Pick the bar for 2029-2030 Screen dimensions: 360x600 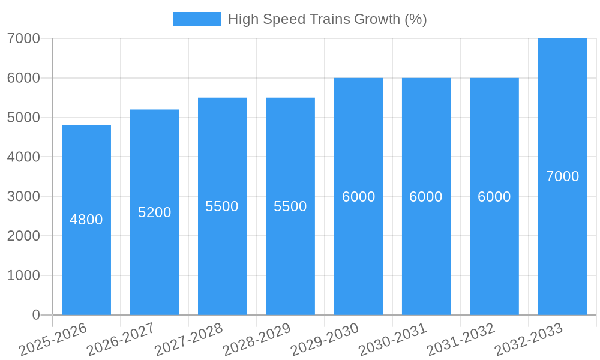pyautogui.click(x=358, y=252)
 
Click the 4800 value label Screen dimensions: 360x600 pyautogui.click(x=86, y=220)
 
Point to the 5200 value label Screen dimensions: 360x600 pyautogui.click(x=154, y=212)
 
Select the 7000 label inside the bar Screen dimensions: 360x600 pyautogui.click(x=562, y=176)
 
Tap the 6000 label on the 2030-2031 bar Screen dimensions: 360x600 pyautogui.click(x=426, y=197)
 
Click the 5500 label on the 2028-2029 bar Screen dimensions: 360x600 pyautogui.click(x=290, y=206)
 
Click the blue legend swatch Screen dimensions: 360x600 pyautogui.click(x=196, y=19)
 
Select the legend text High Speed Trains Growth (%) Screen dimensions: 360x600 pyautogui.click(x=327, y=19)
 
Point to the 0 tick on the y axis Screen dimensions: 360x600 pyautogui.click(x=36, y=315)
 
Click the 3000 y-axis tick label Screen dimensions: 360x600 pyautogui.click(x=23, y=196)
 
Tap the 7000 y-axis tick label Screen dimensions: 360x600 pyautogui.click(x=23, y=38)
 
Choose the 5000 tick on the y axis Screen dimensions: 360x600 pyautogui.click(x=23, y=118)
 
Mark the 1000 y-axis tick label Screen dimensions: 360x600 pyautogui.click(x=23, y=275)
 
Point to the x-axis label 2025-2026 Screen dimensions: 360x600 pyautogui.click(x=53, y=339)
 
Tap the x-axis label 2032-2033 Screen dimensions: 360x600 pyautogui.click(x=529, y=339)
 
